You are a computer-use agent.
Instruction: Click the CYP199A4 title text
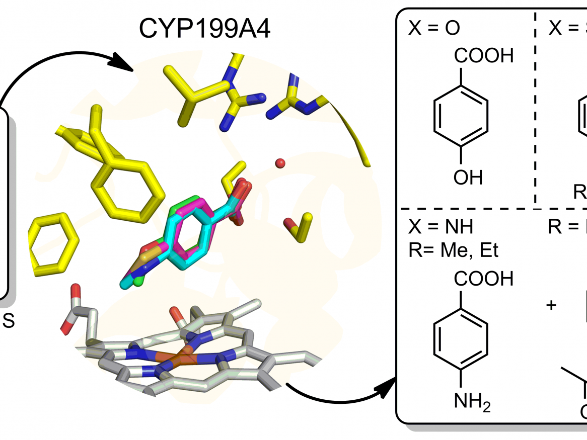(205, 30)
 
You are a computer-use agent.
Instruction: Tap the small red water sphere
(280, 163)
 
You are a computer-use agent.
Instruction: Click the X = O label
(434, 29)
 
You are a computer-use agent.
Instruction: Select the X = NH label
(442, 227)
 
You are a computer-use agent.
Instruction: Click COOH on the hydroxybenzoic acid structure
(484, 56)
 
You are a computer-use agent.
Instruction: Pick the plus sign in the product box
(552, 305)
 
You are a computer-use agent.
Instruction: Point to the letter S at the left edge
(9, 322)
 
